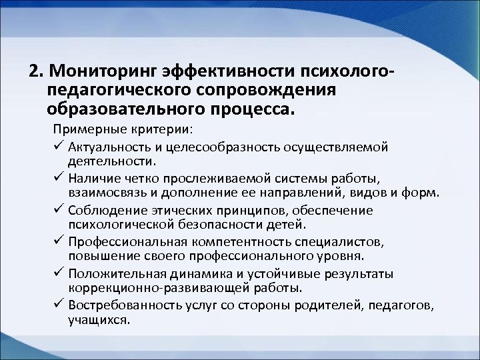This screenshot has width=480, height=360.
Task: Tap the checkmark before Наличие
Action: click(x=57, y=179)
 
